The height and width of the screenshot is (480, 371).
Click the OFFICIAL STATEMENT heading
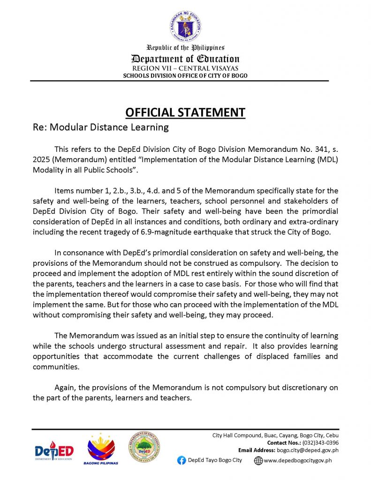point(185,112)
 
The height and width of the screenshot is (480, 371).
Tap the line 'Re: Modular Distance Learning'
point(100,127)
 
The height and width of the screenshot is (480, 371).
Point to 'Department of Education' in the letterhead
point(185,59)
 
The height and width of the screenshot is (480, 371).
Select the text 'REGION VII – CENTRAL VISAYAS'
point(185,68)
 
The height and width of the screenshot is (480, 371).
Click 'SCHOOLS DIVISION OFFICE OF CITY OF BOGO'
point(185,75)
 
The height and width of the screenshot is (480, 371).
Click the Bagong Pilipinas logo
point(101,449)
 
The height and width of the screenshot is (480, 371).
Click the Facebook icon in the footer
point(182,460)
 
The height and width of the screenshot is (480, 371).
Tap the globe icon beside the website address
point(258,461)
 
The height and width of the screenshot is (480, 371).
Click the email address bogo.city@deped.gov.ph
point(308,450)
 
